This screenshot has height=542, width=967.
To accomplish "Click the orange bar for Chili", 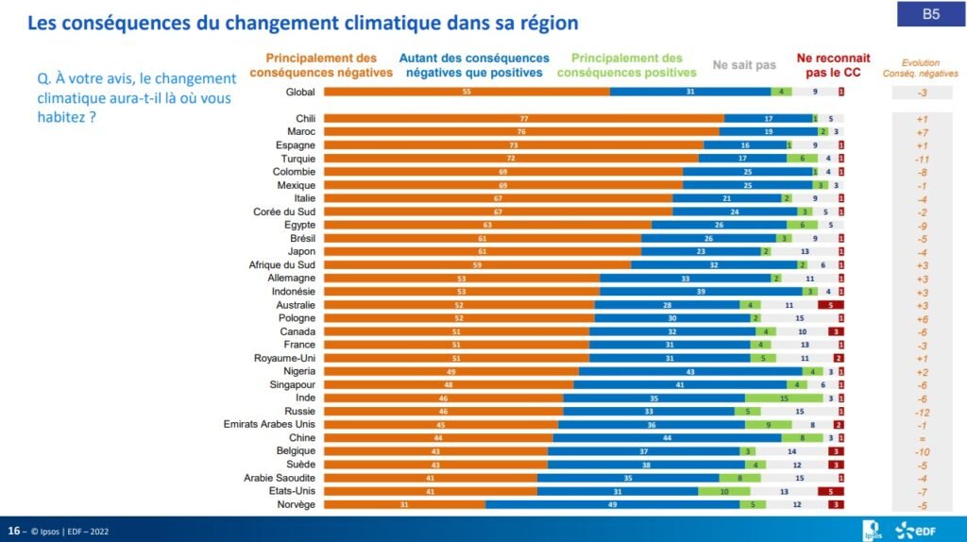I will [524, 119].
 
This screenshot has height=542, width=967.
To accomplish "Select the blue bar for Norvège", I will [612, 505].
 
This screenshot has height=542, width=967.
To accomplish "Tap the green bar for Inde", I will [784, 398].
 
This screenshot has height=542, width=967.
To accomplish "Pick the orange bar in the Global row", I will [467, 92].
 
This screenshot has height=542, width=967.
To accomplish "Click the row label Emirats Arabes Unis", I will [269, 425].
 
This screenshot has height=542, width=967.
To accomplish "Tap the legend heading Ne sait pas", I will [744, 65].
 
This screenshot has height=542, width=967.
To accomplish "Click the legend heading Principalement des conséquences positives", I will [627, 65].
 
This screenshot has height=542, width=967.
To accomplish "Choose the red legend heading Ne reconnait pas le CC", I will [833, 65].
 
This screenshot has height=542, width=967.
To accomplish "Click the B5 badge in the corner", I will [930, 14].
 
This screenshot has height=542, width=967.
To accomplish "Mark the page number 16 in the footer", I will [14, 529].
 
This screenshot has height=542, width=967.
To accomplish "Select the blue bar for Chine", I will [667, 438].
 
